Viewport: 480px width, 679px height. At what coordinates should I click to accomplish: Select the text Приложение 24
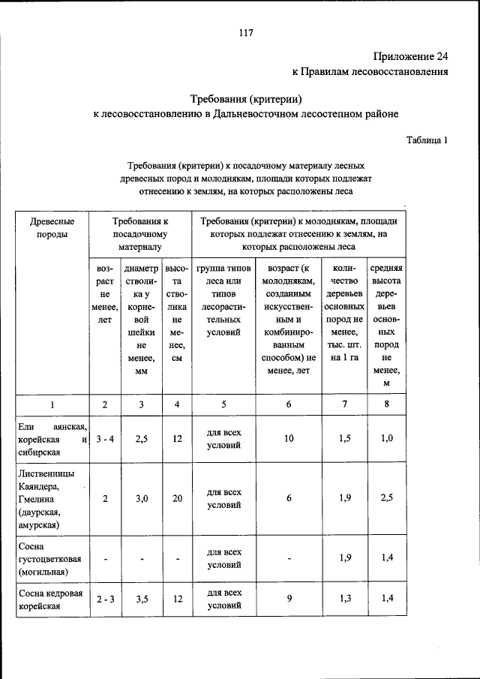point(409,56)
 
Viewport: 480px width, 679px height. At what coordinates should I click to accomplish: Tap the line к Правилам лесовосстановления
point(370,72)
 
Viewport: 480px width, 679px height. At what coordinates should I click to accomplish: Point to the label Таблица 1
point(427,140)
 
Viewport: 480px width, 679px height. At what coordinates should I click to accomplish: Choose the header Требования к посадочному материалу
point(140,233)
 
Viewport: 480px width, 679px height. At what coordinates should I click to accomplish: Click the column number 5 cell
point(223,404)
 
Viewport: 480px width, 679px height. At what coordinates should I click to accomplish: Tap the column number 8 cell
point(386,404)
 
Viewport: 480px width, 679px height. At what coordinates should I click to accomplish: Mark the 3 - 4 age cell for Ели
point(103,439)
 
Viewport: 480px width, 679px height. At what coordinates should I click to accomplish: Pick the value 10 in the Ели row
point(288,439)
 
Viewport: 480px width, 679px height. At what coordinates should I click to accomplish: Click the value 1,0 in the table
point(386,438)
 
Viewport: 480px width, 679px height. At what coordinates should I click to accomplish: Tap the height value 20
point(176,498)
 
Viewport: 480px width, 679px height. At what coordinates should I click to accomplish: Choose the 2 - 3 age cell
point(103,599)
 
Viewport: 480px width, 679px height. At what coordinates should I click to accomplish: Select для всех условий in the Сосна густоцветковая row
point(223,557)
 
